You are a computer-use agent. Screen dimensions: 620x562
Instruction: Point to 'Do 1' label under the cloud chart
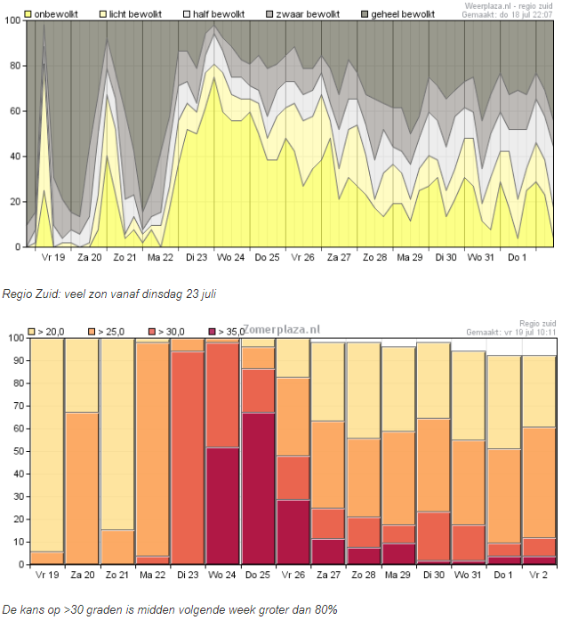coord(518,257)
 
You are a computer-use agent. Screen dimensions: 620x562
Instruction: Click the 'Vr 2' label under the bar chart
coord(539,575)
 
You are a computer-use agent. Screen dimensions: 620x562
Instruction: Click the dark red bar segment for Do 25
coord(257,487)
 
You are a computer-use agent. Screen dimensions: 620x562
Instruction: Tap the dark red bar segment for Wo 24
coord(222,505)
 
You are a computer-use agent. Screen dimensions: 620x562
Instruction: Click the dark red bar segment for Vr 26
coord(293,532)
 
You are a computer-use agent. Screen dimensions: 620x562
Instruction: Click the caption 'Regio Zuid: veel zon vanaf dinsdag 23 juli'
coord(109,292)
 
